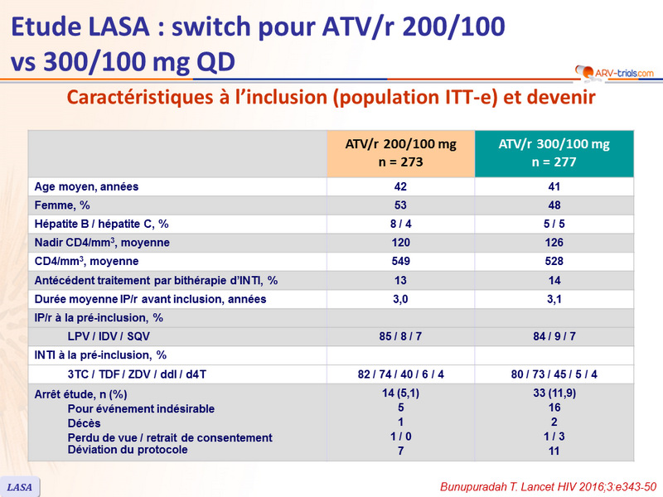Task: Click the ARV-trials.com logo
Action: click(x=614, y=72)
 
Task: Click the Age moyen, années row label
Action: click(x=86, y=186)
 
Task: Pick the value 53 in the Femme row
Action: click(x=401, y=205)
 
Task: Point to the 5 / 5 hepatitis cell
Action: click(x=554, y=224)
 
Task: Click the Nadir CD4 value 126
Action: click(x=554, y=243)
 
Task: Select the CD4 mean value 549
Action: click(x=401, y=262)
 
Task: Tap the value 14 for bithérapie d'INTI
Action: click(x=554, y=280)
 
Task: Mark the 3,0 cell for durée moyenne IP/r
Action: click(x=401, y=299)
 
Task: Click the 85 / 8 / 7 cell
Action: click(x=401, y=336)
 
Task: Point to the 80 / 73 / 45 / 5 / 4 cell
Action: click(x=554, y=374)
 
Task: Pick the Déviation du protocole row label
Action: click(x=128, y=450)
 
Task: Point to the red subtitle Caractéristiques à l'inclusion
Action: click(x=331, y=98)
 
